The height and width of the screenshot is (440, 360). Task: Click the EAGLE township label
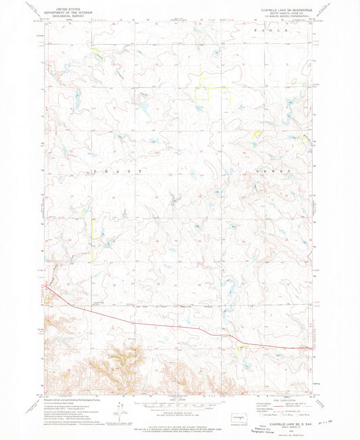click(x=269, y=31)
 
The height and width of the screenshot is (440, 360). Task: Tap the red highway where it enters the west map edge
click(x=47, y=287)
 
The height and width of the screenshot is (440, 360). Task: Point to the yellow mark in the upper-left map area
click(x=95, y=49)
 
